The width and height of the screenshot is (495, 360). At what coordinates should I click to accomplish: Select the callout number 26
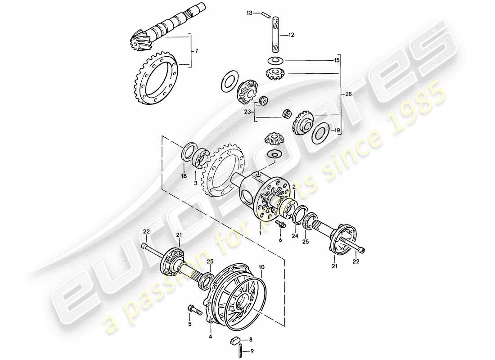click(x=348, y=94)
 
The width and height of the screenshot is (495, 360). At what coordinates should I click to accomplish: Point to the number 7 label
click(x=196, y=51)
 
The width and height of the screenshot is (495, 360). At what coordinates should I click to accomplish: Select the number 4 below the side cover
click(x=210, y=336)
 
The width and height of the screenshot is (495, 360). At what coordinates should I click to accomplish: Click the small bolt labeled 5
click(x=190, y=310)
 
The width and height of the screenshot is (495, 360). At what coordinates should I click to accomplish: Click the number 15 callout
click(x=337, y=60)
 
